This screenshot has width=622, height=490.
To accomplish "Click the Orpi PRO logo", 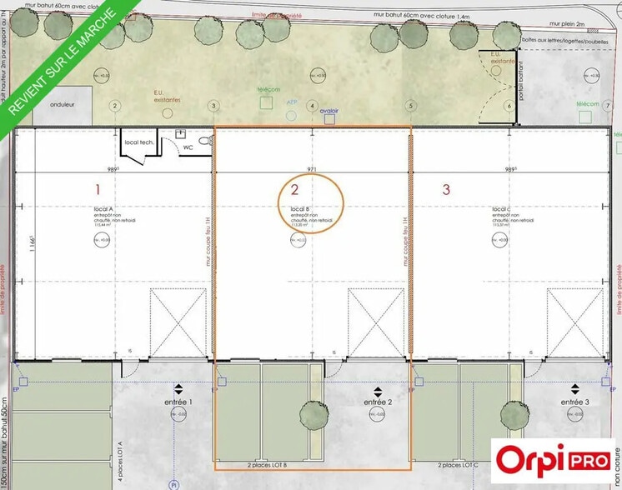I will tap(552, 459).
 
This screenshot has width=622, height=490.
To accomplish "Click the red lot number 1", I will tap(98, 189).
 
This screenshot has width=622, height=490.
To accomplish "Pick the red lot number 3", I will tap(446, 189).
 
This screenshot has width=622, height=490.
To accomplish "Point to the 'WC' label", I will tap(189, 147).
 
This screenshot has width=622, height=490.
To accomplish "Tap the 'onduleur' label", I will tap(64, 106).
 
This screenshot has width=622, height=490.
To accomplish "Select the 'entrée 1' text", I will tap(178, 402).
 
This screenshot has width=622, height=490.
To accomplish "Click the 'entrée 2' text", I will tap(377, 402).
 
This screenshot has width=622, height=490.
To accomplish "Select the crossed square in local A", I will tap(177, 317).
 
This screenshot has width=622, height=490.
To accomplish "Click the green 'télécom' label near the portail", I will tap(588, 104).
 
